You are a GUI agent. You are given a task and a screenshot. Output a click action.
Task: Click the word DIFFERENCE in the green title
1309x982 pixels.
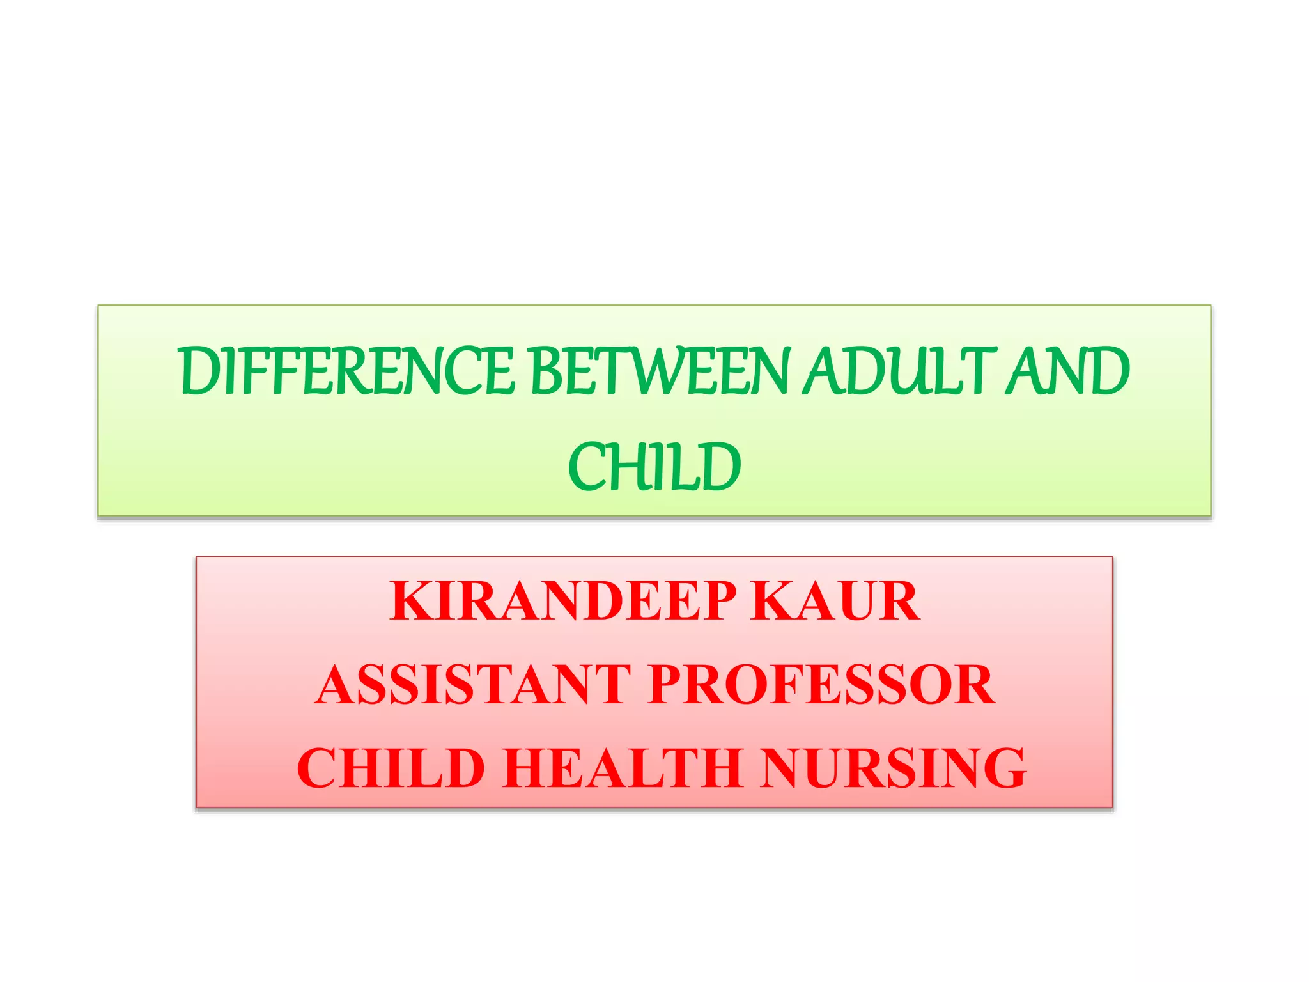[x=347, y=371]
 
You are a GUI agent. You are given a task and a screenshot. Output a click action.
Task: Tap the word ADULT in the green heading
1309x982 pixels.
[x=900, y=371]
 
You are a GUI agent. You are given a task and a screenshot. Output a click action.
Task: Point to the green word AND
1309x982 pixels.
[x=1067, y=371]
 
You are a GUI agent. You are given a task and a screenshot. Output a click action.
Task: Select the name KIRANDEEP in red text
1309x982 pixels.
[x=563, y=601]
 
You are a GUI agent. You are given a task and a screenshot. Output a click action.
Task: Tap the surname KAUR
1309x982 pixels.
[x=835, y=601]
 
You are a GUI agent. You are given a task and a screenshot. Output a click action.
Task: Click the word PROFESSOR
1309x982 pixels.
[x=821, y=685]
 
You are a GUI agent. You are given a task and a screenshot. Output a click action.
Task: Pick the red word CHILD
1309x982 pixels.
[x=391, y=768]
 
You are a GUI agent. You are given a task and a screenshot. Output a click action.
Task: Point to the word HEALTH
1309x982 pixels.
[x=623, y=768]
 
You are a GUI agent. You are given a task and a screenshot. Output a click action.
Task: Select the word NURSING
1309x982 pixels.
[x=894, y=768]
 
